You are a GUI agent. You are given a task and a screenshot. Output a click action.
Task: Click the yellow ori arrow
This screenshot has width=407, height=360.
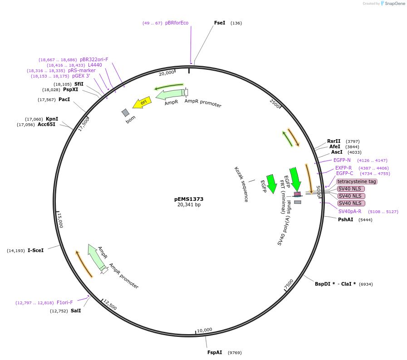point(142,103)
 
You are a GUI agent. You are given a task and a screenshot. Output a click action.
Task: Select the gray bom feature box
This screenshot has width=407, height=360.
point(126,112)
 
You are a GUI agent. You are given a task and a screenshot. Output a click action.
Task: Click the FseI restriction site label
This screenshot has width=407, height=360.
point(220,23)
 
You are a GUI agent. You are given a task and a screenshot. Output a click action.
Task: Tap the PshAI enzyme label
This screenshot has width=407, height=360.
point(345,219)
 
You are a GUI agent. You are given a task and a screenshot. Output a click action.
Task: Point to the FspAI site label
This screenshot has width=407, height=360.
point(215,352)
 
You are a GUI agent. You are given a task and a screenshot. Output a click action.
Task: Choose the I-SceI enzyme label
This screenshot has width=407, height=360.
point(36,250)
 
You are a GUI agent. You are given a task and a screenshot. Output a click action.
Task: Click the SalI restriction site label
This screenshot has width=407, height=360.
point(76,311)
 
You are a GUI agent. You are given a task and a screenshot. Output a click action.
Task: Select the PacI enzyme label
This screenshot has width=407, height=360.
point(64,99)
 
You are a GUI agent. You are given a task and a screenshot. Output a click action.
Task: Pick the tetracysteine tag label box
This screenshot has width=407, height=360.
point(357,181)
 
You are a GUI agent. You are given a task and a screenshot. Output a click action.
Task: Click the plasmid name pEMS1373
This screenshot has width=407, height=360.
point(189,199)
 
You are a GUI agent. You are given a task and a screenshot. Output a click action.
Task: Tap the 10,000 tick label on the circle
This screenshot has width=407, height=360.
point(205,330)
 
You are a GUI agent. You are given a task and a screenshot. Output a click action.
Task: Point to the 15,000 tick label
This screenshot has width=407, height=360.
point(60,221)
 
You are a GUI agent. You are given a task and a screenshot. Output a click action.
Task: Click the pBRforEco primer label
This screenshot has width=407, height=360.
point(177,23)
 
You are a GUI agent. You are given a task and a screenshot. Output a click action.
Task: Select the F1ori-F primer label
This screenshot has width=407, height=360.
point(64,302)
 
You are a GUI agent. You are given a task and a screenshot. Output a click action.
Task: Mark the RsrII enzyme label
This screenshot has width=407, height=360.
point(333,141)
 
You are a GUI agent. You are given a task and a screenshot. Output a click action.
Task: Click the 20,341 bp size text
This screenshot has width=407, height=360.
point(189,205)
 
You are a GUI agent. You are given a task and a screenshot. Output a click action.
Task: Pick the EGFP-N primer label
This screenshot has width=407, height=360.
point(342,160)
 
